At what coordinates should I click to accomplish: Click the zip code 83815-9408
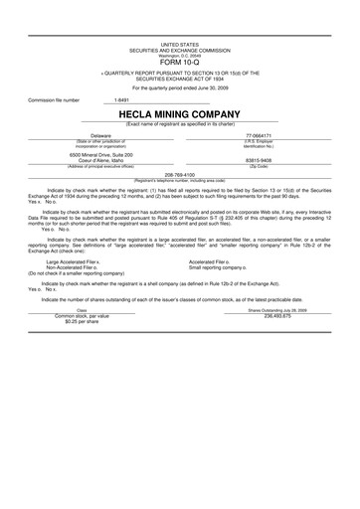click(263, 161)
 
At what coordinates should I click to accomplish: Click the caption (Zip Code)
click(263, 167)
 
